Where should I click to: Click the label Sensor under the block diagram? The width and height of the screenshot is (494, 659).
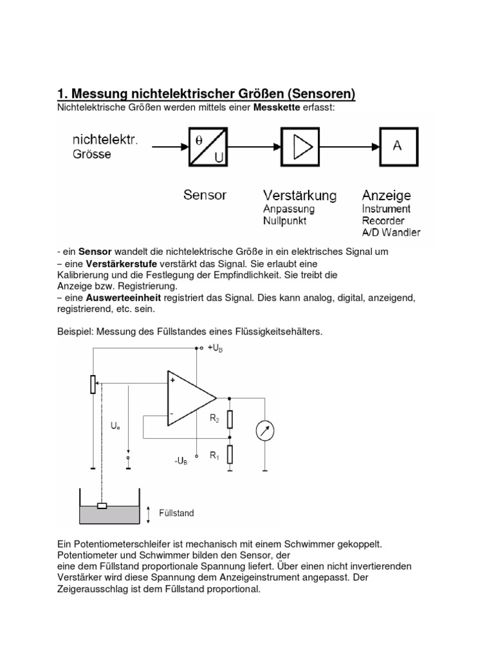click(x=205, y=194)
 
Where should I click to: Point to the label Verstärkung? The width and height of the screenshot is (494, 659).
click(x=300, y=194)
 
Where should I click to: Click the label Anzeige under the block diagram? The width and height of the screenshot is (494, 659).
click(x=386, y=194)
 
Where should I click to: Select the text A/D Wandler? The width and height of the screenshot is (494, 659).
click(x=390, y=232)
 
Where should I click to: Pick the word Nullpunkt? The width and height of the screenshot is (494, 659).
click(x=285, y=221)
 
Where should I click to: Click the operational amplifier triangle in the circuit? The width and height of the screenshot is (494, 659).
click(x=190, y=398)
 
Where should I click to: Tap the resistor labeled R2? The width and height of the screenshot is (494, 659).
click(x=230, y=420)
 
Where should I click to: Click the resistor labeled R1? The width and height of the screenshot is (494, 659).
click(x=230, y=454)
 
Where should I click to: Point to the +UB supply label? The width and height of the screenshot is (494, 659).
click(x=215, y=348)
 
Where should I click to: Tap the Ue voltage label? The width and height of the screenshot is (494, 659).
click(x=116, y=426)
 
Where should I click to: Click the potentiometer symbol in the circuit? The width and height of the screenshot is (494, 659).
click(x=94, y=385)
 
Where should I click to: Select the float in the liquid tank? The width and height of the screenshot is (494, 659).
click(x=101, y=505)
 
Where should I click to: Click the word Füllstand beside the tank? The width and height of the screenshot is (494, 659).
click(x=176, y=513)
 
